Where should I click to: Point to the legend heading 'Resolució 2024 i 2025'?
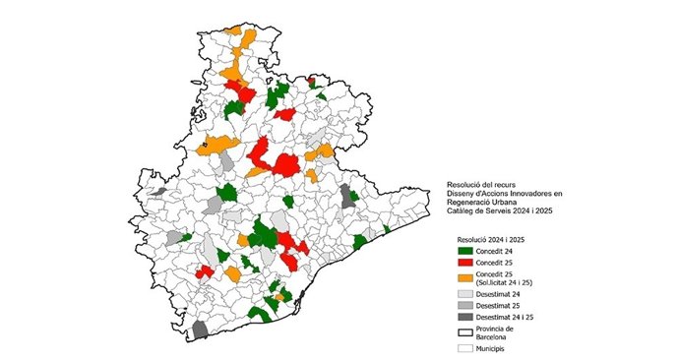point(493,239)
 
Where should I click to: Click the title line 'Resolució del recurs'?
point(481,184)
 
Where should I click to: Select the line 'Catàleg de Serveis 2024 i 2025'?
point(502,213)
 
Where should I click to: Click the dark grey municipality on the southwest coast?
point(200,330)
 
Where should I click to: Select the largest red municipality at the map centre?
point(286,164)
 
